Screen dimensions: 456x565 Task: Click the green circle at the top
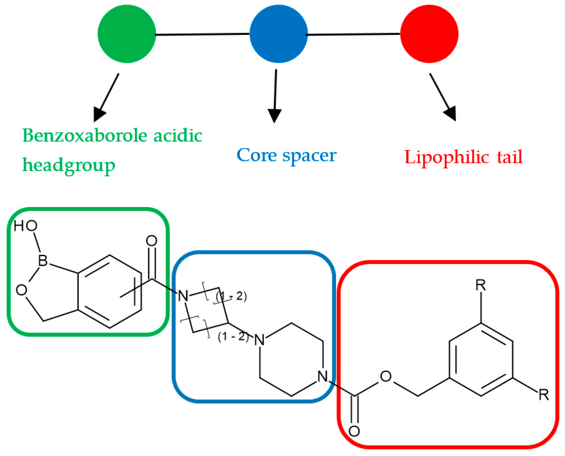(x=127, y=34)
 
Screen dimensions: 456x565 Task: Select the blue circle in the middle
(x=278, y=34)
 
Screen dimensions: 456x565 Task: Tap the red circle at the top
(x=429, y=34)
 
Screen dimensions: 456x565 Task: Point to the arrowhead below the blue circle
(x=274, y=116)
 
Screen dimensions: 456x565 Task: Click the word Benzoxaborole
(x=85, y=136)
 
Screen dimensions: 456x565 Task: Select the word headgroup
(x=69, y=165)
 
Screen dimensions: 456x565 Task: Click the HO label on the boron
(x=25, y=226)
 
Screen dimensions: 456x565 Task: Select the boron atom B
(x=43, y=260)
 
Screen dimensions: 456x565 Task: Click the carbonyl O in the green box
(x=151, y=241)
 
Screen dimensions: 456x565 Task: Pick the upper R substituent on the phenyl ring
(x=480, y=286)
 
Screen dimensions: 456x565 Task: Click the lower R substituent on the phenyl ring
(x=543, y=395)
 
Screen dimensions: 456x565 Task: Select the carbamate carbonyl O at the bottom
(x=354, y=431)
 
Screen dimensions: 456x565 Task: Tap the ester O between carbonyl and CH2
(x=386, y=376)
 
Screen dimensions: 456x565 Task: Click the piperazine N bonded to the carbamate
(x=322, y=376)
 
